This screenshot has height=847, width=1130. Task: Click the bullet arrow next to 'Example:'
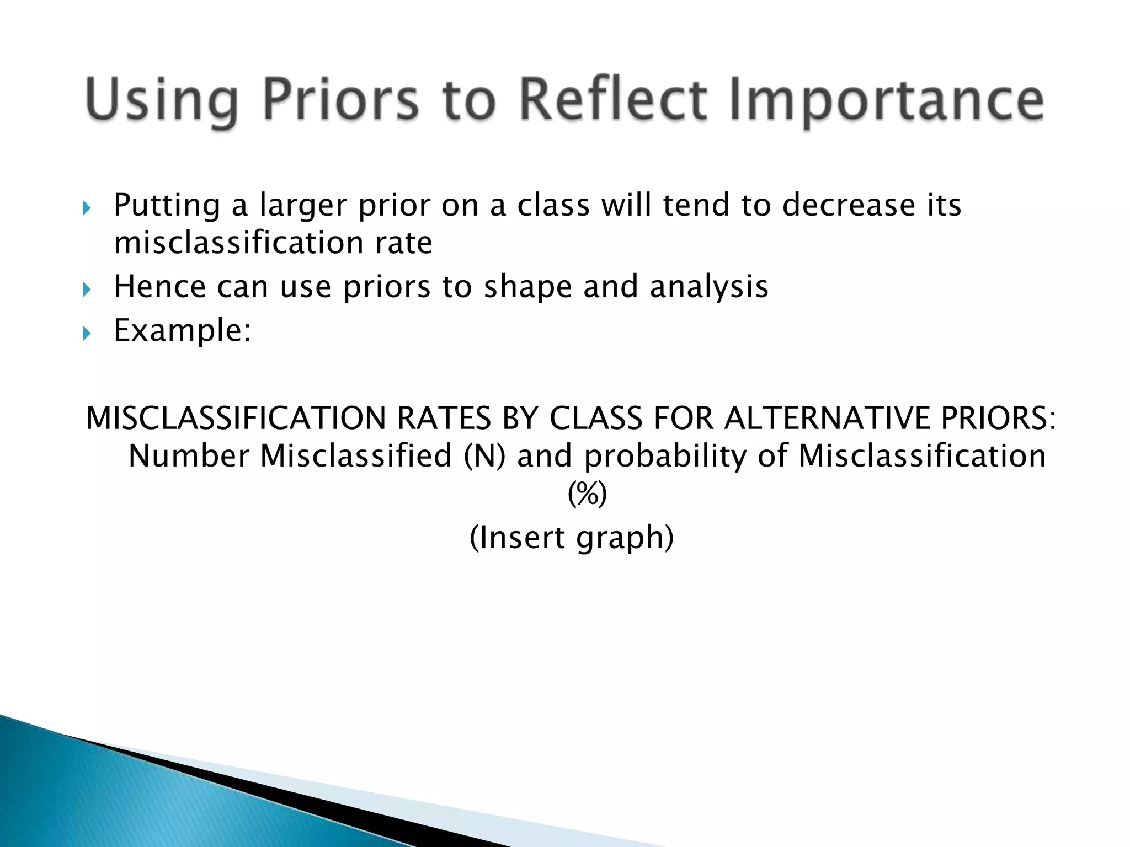click(x=86, y=334)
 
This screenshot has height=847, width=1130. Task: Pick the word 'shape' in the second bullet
click(x=527, y=287)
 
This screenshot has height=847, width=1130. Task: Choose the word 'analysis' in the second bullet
click(x=708, y=287)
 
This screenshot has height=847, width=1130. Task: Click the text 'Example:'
click(x=182, y=331)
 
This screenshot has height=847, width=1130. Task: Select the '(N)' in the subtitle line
click(x=484, y=457)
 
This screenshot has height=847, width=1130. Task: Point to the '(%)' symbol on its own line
click(x=587, y=494)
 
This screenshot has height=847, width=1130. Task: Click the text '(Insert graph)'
click(x=572, y=537)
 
